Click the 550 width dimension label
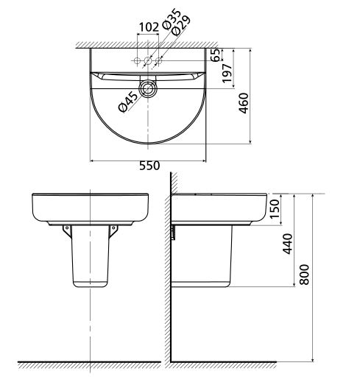point(149,166)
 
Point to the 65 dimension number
point(215,57)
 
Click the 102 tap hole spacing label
point(149,27)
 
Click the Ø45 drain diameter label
point(127,102)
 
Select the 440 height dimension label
point(289,242)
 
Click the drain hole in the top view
point(149,89)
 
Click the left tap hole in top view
point(138,59)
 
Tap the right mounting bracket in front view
point(114,231)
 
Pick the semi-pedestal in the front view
point(89,258)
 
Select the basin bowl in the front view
point(89,208)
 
